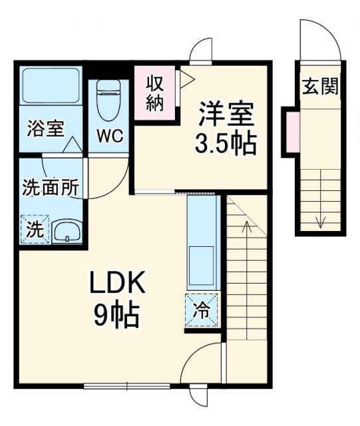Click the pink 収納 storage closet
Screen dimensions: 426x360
click(156, 93)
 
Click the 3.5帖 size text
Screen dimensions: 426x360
click(226, 142)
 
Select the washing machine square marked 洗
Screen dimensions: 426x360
click(33, 230)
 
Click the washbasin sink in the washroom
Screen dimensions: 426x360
click(66, 232)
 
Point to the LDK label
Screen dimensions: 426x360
click(117, 286)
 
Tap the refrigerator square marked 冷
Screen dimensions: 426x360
click(200, 311)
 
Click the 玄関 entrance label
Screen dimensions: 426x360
click(321, 86)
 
